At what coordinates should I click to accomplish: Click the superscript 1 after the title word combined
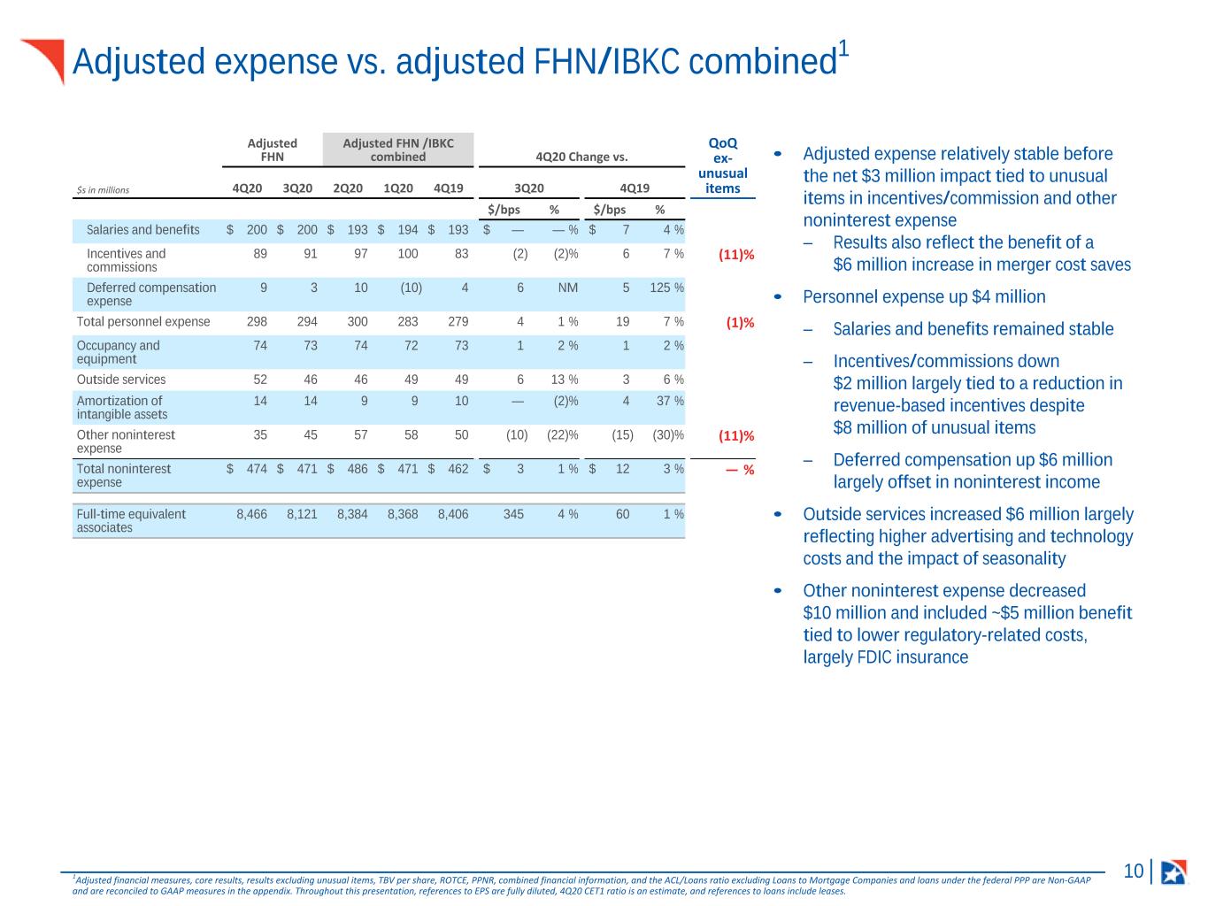click(x=843, y=49)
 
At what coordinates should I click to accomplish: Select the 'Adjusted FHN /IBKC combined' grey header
click(x=398, y=150)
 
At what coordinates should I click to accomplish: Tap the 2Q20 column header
click(x=348, y=188)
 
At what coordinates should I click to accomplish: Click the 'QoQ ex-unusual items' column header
click(x=723, y=165)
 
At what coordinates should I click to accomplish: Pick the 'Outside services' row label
click(x=121, y=380)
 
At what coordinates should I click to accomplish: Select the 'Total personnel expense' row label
click(x=143, y=322)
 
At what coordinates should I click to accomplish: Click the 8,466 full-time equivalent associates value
click(x=251, y=514)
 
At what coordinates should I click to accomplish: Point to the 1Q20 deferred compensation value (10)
click(x=411, y=288)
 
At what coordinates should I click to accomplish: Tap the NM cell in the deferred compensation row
click(x=568, y=288)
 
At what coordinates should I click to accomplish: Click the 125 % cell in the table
click(x=666, y=288)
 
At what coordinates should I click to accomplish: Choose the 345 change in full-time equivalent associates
click(x=513, y=514)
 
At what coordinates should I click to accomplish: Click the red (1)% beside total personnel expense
click(x=740, y=322)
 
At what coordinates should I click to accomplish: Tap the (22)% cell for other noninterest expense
click(x=562, y=435)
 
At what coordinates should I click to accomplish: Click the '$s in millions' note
click(x=103, y=189)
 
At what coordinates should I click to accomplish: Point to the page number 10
click(x=1133, y=871)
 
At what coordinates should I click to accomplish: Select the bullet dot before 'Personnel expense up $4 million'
click(x=778, y=297)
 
